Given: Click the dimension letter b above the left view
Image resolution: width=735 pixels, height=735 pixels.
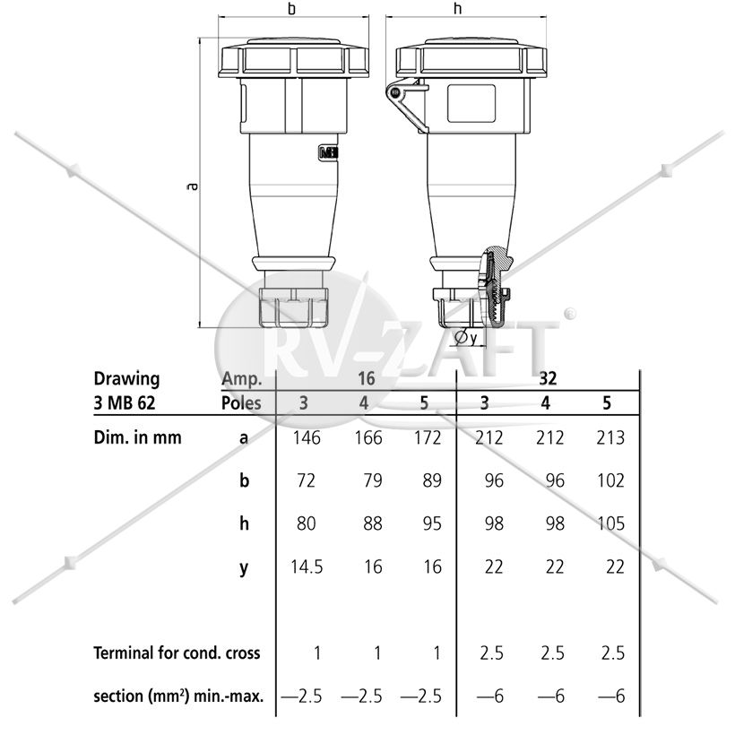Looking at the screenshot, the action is tap(292, 8).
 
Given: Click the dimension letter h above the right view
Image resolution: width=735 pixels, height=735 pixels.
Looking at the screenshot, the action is tap(458, 8).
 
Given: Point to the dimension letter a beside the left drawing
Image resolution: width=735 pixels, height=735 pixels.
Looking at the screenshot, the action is tap(192, 186).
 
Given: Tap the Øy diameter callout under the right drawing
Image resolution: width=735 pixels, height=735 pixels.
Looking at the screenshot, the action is tap(466, 338).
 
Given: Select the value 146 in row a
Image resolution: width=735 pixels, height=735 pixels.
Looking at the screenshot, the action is tap(307, 437).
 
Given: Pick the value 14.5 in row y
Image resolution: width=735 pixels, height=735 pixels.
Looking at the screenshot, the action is tap(307, 566).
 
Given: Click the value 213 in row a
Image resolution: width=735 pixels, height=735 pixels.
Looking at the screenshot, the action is tap(610, 437).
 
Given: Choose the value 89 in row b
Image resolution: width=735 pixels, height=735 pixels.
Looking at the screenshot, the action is tap(432, 480).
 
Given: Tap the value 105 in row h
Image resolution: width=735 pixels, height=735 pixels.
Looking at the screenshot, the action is tap(610, 523).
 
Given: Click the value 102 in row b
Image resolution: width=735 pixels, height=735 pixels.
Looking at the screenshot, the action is tap(610, 480).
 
